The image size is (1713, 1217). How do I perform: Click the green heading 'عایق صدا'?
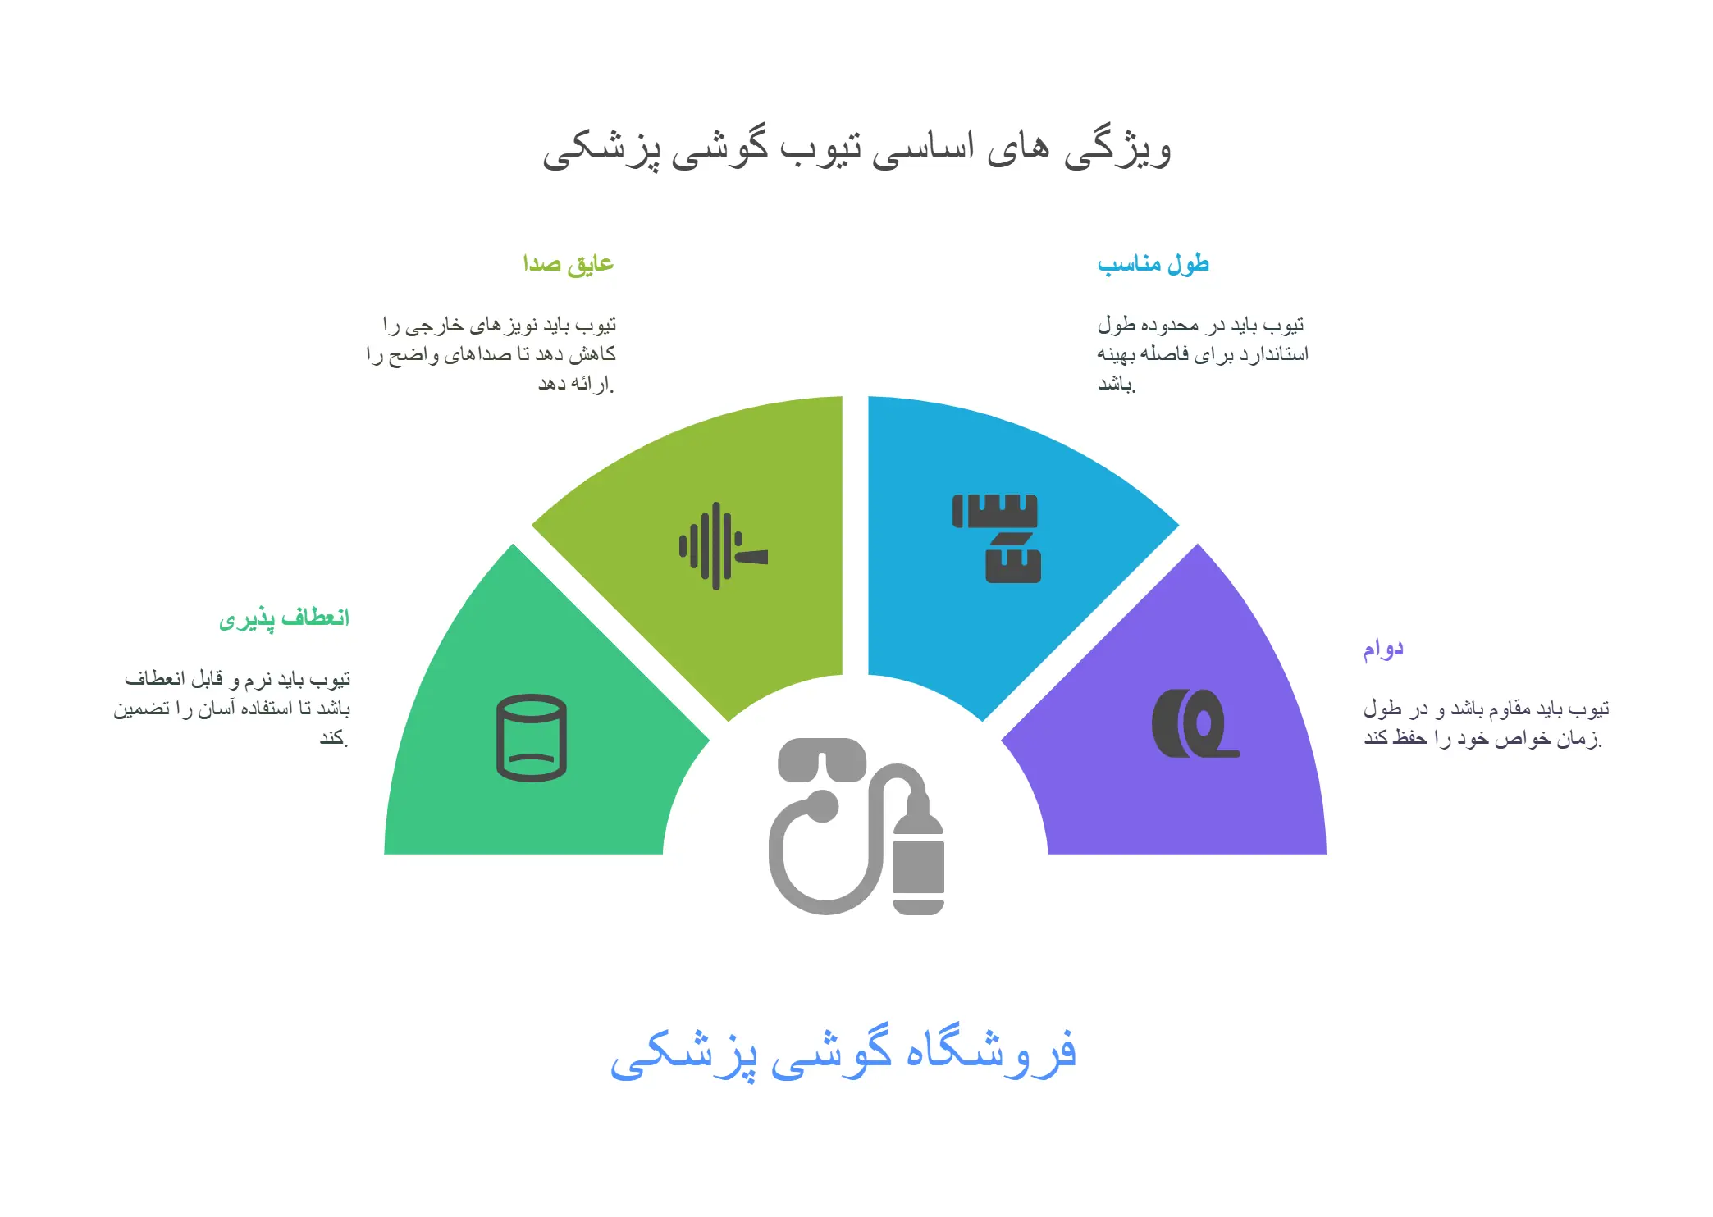pos(569,263)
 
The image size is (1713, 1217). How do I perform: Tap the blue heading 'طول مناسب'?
pos(1153,263)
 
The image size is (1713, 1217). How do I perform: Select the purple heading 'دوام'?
pos(1383,649)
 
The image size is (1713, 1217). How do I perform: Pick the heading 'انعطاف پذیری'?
pos(284,618)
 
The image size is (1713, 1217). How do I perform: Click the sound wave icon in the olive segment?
pos(723,546)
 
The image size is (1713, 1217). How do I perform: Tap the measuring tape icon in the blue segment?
pos(996,538)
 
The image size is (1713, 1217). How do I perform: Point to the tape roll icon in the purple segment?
pos(1195,723)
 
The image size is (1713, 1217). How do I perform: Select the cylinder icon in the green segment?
pos(532,738)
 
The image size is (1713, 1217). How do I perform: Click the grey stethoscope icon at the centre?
pos(856,826)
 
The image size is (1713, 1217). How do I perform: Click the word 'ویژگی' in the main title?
pos(1117,149)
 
